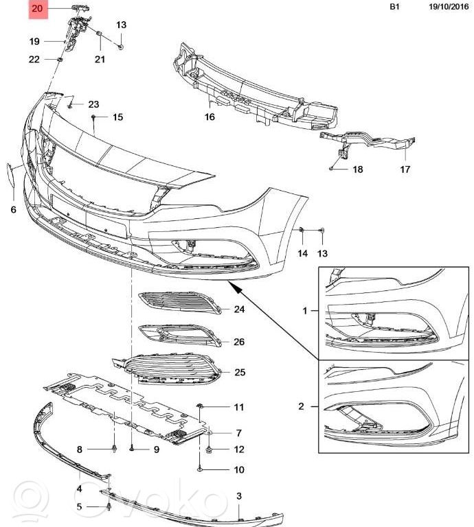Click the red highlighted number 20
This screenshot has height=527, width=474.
tap(37, 8)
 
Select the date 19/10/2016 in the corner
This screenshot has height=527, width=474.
tap(449, 7)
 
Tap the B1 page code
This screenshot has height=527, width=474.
tap(394, 7)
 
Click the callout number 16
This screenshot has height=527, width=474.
tap(210, 117)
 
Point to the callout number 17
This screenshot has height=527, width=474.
tap(405, 169)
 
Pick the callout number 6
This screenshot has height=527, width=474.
tap(14, 210)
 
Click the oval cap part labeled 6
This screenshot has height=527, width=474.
tap(10, 172)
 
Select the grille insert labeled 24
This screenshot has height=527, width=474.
tap(180, 303)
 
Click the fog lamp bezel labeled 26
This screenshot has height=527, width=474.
tap(180, 335)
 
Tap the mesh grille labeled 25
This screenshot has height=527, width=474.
tap(167, 369)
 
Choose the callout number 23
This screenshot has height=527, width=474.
tap(94, 104)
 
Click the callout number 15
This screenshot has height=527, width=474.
tap(117, 117)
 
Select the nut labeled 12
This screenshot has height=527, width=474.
tap(209, 449)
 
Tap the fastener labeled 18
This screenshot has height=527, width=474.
tap(331, 168)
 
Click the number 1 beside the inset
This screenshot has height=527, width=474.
tap(305, 311)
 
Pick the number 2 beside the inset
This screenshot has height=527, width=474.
tap(301, 406)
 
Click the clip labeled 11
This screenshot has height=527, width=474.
tap(199, 406)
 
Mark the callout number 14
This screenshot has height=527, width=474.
tap(302, 253)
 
